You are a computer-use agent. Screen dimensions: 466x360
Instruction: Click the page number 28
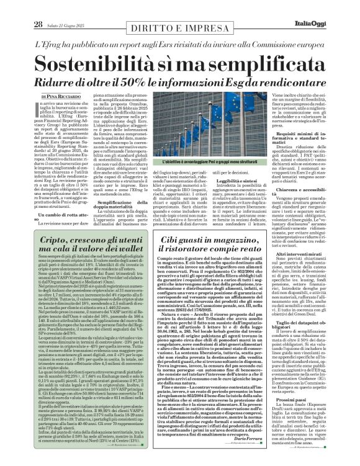20,7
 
